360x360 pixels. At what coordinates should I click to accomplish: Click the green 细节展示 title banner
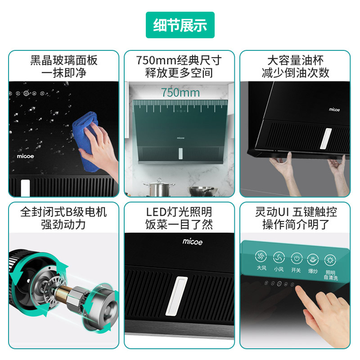point(180,25)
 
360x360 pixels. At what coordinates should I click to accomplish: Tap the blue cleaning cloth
point(86,140)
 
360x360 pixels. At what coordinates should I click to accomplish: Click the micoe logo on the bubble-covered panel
point(25,156)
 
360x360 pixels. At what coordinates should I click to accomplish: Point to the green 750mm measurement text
point(180,93)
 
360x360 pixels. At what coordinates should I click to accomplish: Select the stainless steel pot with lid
point(159,188)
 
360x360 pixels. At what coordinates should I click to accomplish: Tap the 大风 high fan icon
point(261,256)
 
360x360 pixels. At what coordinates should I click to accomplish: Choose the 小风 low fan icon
point(279,257)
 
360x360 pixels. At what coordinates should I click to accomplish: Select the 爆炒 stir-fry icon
point(313,260)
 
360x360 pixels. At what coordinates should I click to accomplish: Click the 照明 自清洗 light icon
point(330,261)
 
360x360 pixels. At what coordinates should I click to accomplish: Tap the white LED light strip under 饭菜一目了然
point(176,296)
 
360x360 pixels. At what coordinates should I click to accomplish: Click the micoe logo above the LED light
point(193,242)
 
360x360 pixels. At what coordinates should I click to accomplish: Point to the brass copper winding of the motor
point(61,292)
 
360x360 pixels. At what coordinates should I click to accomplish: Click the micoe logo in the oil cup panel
point(334,109)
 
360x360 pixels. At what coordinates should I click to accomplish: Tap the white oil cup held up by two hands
point(325,139)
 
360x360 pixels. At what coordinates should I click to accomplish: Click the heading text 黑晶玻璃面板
point(64,60)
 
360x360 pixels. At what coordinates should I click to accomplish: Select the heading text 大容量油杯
point(296,60)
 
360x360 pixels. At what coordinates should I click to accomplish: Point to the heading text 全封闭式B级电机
point(63,211)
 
